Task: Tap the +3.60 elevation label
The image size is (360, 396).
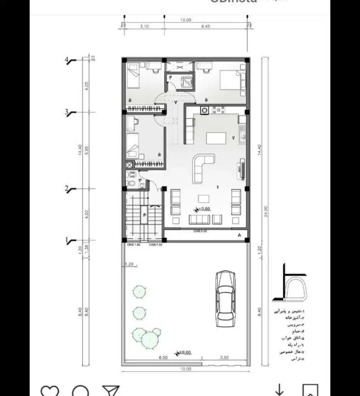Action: [204, 209]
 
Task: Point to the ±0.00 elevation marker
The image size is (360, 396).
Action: [184, 352]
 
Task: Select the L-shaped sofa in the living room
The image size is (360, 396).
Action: [202, 168]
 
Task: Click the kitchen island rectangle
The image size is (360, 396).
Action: [216, 138]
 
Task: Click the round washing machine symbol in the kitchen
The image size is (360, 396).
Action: [204, 111]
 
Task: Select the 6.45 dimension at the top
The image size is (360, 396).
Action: [206, 26]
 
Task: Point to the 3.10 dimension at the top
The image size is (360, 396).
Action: [144, 26]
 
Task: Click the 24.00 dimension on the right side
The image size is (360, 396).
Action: [266, 211]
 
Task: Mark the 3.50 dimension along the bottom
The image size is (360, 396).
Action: [224, 358]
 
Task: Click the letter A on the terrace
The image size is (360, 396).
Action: [239, 235]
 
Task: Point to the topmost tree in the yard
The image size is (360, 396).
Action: [139, 292]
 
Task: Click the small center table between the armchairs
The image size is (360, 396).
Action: [204, 199]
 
